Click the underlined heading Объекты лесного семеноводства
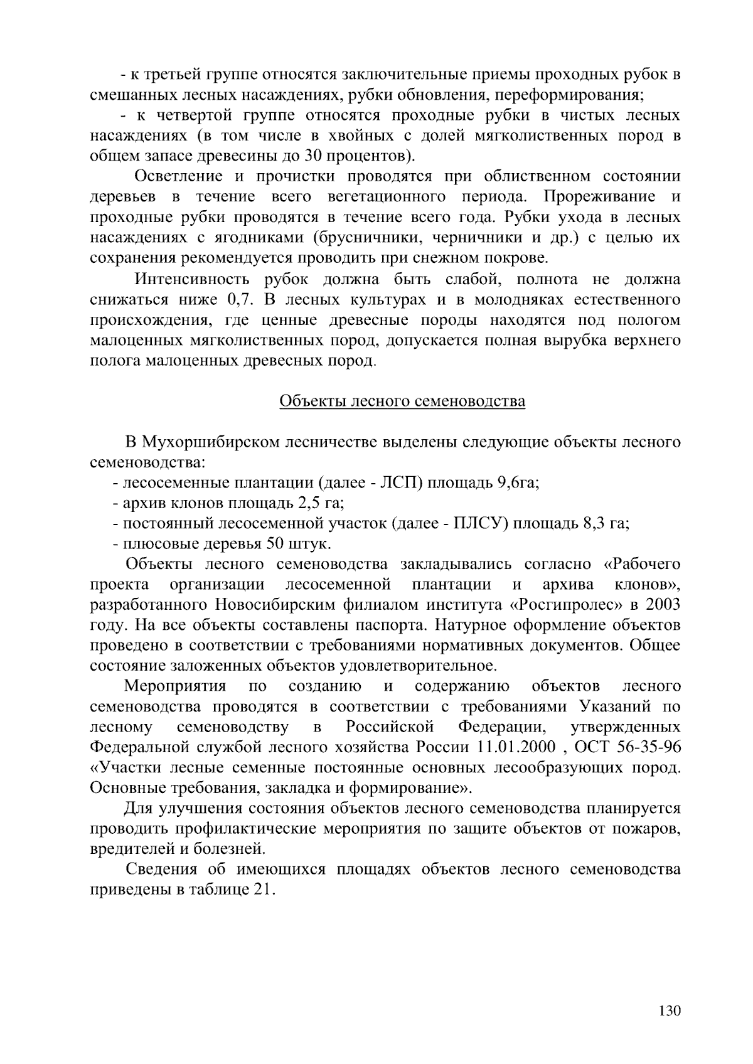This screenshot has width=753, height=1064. point(402,401)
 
